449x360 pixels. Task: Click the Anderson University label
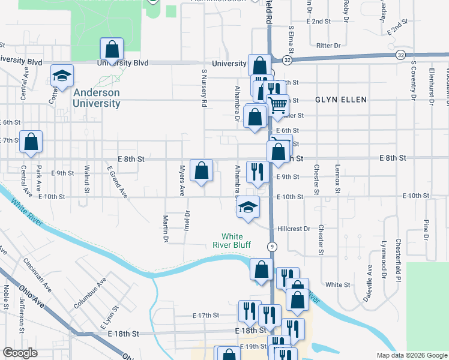click(x=96, y=98)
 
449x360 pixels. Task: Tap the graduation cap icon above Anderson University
click(x=62, y=76)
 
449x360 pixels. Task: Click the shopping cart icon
click(x=277, y=105)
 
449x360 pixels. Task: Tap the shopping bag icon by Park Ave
click(x=31, y=142)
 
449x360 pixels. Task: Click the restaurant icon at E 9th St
click(x=257, y=172)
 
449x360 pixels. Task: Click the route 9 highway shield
click(x=273, y=246)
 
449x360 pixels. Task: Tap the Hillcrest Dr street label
click(x=294, y=229)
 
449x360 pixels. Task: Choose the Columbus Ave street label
click(x=89, y=293)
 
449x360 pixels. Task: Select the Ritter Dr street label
click(x=328, y=45)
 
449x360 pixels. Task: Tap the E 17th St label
click(x=206, y=315)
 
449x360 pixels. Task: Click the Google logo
click(x=20, y=353)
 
